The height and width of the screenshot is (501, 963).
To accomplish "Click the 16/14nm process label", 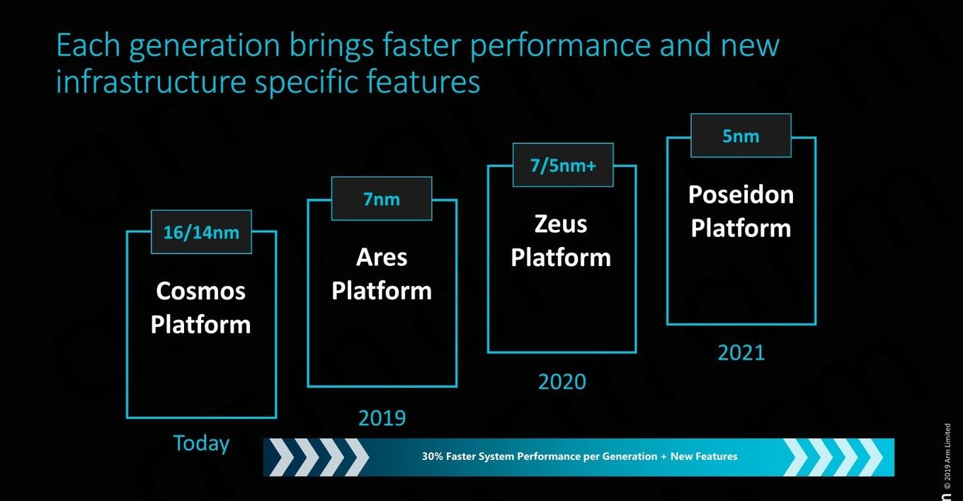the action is point(201,232).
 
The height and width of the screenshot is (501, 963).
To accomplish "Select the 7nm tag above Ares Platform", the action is point(382,200).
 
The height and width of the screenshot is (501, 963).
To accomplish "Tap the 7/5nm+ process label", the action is point(563,166).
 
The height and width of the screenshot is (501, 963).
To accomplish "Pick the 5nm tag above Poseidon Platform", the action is point(741,136).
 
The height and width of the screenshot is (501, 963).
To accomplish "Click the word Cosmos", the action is point(201,291).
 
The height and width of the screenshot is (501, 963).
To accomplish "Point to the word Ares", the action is point(382,258).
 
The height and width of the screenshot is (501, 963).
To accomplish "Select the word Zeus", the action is point(561,224).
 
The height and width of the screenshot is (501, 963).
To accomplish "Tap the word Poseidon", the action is point(741,194).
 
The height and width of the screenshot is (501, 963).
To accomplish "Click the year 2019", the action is point(382,418).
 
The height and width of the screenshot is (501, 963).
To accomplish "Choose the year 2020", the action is point(562,381).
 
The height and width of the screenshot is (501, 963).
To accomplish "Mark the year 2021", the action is point(741,353).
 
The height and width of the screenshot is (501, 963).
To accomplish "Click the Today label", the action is point(201,444).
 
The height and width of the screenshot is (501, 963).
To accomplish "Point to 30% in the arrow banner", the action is point(432,456).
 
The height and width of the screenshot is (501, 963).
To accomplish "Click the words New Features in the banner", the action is point(704,456).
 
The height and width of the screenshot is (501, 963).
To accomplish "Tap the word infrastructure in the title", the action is point(151,81).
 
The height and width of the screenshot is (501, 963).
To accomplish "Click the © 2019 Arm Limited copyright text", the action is point(947,456).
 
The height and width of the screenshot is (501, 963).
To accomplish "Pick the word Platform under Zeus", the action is point(561,258).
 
